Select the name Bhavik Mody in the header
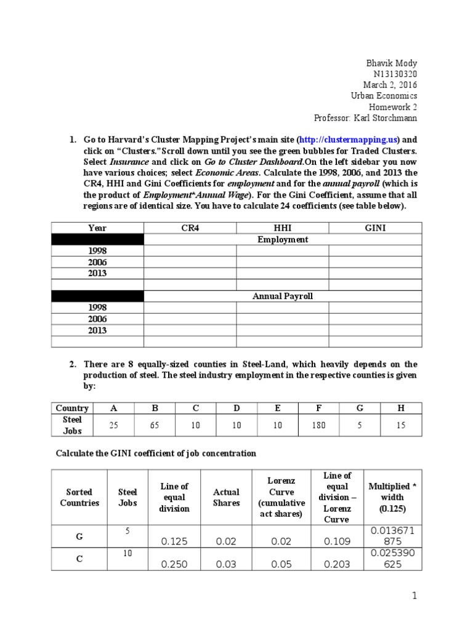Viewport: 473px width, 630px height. (x=392, y=62)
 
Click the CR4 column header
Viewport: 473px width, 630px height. (x=190, y=228)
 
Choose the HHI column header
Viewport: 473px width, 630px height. (x=282, y=228)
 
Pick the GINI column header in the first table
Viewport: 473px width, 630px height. (x=375, y=228)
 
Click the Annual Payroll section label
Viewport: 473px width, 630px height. (x=282, y=296)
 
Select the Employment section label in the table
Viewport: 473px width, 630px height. (x=282, y=239)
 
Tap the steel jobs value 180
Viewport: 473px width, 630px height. (x=319, y=425)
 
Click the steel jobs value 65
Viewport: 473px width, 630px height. (x=155, y=425)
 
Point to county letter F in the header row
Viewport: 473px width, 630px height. (x=318, y=408)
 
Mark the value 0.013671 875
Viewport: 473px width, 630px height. (x=392, y=536)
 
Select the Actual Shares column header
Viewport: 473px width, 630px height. (x=226, y=497)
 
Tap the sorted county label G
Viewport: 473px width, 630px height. (x=79, y=536)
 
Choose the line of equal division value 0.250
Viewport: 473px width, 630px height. (x=174, y=564)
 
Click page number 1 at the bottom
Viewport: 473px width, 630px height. (x=414, y=596)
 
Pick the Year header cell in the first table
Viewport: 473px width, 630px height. (x=97, y=228)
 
